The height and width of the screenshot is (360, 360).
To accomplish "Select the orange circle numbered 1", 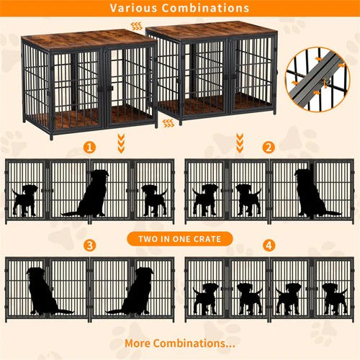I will click(89, 148).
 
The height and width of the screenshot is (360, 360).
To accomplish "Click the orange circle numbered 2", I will click(269, 148).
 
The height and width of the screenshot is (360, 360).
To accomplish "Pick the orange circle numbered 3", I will click(89, 246).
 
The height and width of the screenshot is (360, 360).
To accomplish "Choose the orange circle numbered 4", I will click(269, 246).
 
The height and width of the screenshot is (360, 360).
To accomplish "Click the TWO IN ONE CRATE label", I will click(179, 239).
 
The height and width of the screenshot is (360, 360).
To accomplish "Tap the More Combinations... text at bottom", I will click(179, 343).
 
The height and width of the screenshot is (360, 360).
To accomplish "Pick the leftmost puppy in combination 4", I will click(206, 297).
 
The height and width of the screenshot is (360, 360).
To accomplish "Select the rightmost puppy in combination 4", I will click(333, 297).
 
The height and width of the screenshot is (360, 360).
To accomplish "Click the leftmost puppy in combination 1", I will click(26, 199).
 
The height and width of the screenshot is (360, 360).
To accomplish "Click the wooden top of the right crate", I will click(212, 32).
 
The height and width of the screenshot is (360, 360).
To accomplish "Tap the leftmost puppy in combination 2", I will click(206, 199).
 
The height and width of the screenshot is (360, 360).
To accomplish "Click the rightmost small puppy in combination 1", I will click(153, 199).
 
